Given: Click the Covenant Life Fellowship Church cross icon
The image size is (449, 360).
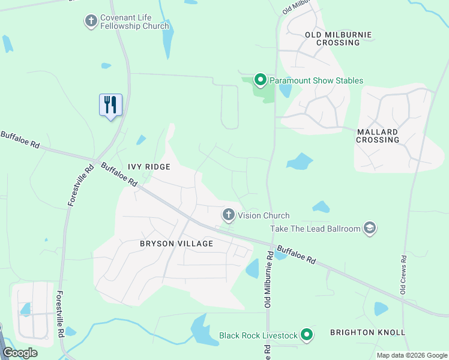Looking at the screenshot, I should (x=91, y=22).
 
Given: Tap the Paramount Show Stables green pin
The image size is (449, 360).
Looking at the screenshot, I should (x=261, y=80).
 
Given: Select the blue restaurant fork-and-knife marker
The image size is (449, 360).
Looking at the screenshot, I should (x=110, y=105).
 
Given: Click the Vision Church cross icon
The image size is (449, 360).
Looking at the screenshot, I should (x=229, y=215).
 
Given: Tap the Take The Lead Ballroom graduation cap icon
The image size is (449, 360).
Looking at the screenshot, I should (x=370, y=228).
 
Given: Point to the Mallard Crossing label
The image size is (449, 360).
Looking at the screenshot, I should (x=378, y=136).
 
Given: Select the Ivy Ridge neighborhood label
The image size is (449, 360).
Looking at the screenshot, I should (x=148, y=166).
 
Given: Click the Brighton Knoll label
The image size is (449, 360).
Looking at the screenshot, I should (x=368, y=332).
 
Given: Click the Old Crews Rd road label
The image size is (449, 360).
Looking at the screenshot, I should (x=404, y=274).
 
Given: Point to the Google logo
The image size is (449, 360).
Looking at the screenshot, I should (x=20, y=353).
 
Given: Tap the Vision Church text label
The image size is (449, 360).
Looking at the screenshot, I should (x=264, y=215).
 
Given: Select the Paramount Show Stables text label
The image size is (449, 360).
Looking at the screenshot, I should (x=316, y=80).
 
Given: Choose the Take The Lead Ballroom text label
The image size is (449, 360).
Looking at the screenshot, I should (x=315, y=229).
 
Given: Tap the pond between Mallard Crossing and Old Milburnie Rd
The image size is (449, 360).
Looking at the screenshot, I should (x=300, y=161).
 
